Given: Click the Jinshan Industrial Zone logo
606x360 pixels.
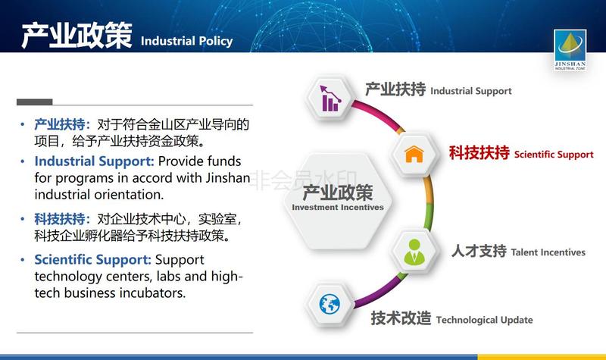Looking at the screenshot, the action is tap(570, 50).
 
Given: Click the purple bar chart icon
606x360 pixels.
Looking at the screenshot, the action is tap(330, 99).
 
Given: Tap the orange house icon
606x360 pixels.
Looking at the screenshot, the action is tap(414, 155).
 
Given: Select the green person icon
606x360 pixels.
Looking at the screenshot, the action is tap(414, 252).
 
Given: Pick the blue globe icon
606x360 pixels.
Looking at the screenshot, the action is tap(330, 305).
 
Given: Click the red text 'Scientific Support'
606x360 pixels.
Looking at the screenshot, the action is tap(554, 155).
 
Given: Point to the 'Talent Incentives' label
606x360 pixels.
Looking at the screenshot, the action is tap(548, 252).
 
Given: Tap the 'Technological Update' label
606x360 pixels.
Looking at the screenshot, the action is tap(484, 320).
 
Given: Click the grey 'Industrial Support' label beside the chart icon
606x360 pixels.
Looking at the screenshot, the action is tap(470, 91).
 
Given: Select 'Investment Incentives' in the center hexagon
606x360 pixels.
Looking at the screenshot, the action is tap(338, 207).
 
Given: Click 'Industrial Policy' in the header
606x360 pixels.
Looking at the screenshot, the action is tap(186, 41).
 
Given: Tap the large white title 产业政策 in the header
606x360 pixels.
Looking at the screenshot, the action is tap(77, 36).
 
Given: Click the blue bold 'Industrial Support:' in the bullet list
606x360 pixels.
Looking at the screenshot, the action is tap(94, 161).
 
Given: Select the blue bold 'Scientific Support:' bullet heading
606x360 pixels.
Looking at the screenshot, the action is tap(92, 259).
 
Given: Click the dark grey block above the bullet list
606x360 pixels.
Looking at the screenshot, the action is tap(34, 102).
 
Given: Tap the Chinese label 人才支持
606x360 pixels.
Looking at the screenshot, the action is tap(479, 251).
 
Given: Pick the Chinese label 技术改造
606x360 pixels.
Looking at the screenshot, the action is tap(401, 318).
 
